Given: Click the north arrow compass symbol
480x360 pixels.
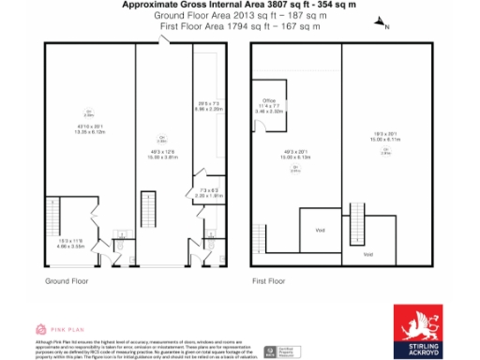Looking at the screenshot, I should [x=379, y=24].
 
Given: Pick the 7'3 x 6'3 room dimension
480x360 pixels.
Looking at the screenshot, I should [x=208, y=195].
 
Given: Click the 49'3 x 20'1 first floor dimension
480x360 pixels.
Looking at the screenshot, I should [x=296, y=157].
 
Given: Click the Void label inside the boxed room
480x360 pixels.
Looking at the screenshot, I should [x=319, y=227].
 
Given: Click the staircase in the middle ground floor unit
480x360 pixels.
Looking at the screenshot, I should [x=145, y=205].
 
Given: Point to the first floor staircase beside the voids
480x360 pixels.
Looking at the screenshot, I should [x=355, y=224].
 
